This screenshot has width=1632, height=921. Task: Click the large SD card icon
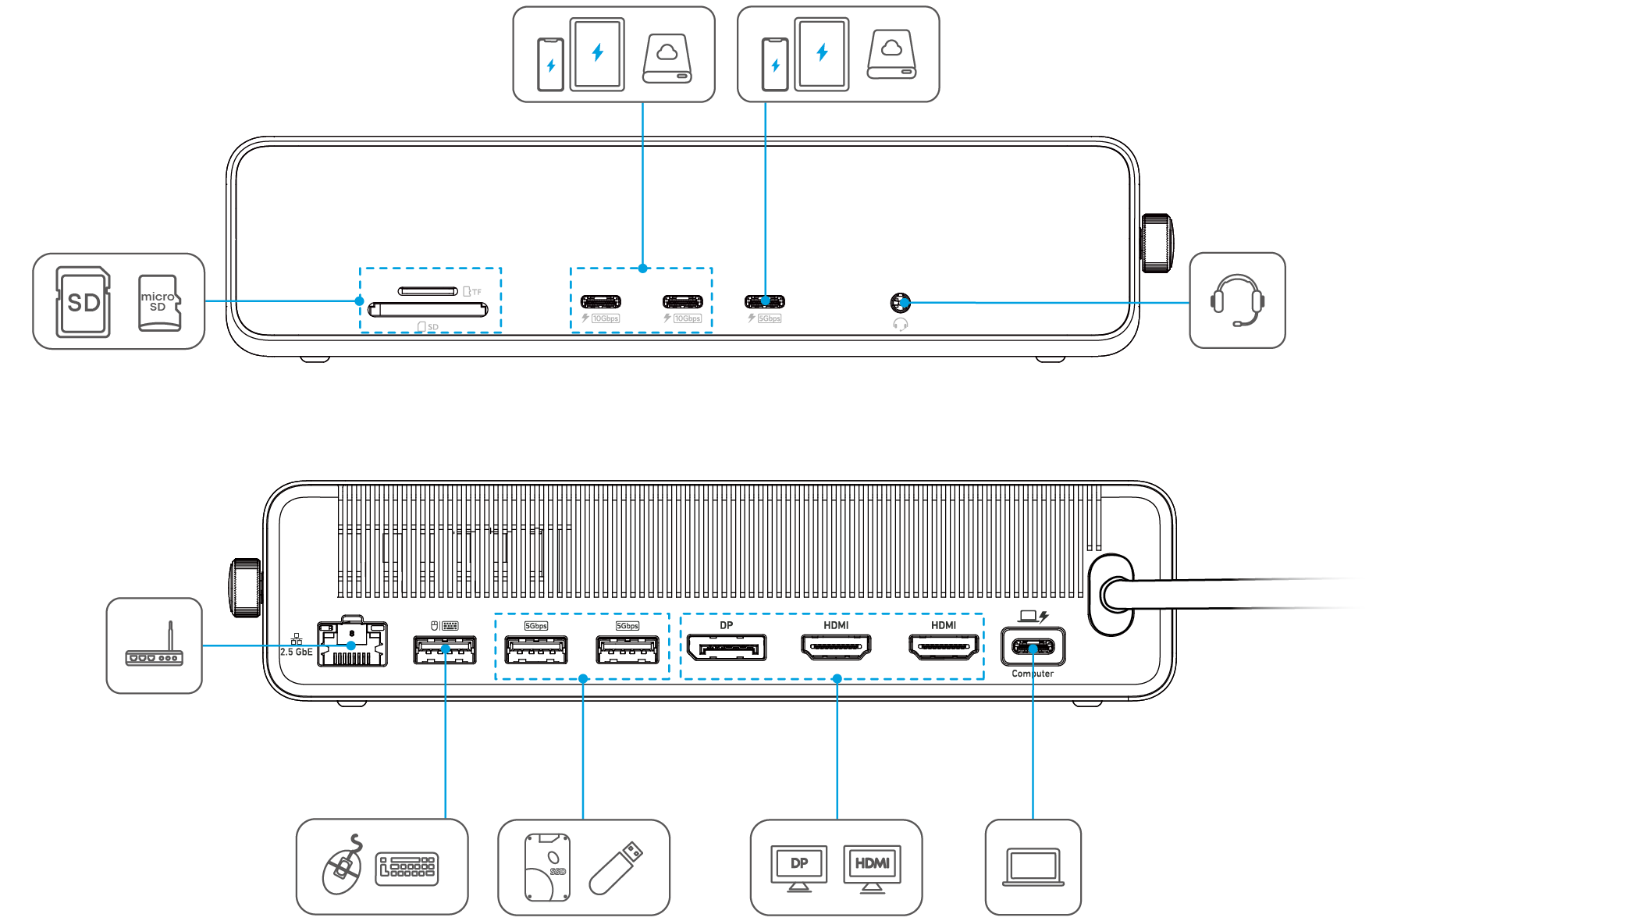[83, 302]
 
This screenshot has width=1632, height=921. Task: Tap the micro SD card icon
[159, 302]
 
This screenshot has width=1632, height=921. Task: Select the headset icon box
[1237, 300]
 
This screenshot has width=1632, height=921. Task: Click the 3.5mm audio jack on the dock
[900, 302]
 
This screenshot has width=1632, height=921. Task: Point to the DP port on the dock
[726, 648]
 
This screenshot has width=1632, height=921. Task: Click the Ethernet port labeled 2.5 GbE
[353, 645]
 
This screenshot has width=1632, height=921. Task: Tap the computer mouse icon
[343, 869]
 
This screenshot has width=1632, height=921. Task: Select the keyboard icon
[407, 869]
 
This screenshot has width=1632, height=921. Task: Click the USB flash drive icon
[617, 867]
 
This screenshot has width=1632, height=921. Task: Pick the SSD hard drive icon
[547, 867]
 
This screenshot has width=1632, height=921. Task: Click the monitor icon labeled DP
[798, 867]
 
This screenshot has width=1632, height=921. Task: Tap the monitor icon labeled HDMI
[872, 867]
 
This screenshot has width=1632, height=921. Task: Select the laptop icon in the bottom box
[1033, 867]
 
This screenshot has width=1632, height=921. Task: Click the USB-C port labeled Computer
[1033, 647]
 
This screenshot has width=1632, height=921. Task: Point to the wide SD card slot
[428, 310]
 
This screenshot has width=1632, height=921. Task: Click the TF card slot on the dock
[428, 291]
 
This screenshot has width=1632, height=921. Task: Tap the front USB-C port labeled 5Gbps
[765, 302]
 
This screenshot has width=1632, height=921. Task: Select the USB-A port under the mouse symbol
[445, 649]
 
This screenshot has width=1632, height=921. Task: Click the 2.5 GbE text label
[297, 652]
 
